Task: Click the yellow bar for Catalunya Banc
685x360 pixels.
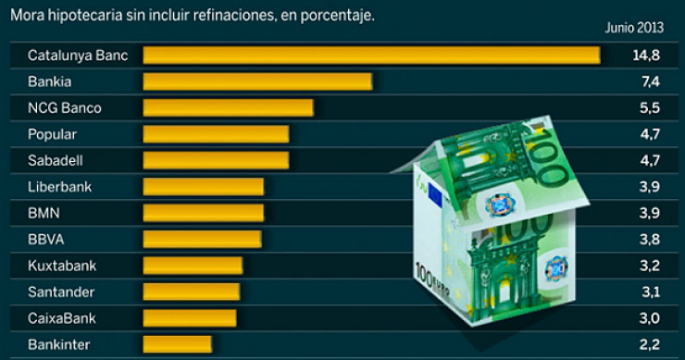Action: click(370, 56)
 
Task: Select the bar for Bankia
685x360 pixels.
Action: click(256, 81)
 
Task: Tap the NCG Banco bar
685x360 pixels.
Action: click(228, 108)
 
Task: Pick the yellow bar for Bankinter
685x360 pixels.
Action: click(177, 345)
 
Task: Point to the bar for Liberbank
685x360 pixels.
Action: click(203, 187)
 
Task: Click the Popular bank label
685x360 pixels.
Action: click(53, 134)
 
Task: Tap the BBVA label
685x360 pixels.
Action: click(45, 240)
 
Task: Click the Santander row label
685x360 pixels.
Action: click(60, 292)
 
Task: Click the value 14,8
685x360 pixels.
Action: click(645, 56)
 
